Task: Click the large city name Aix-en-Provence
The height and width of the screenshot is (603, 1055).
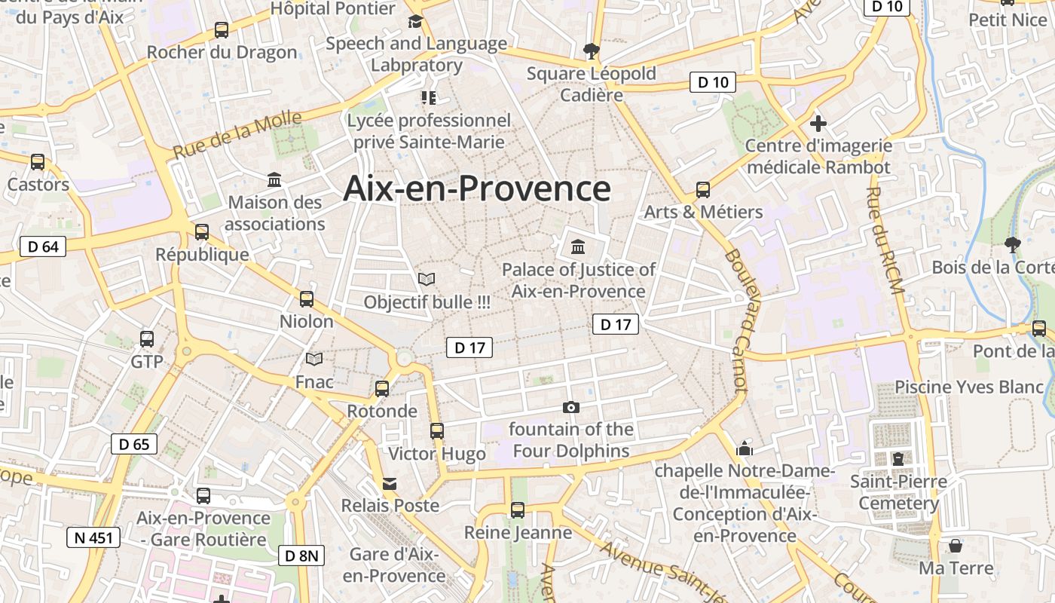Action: tap(476, 188)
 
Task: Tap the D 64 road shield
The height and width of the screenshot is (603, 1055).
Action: tap(43, 246)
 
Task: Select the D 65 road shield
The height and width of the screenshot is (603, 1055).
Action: tap(134, 444)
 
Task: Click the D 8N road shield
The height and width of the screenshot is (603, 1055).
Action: tap(301, 556)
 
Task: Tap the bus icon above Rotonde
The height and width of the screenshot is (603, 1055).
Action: tap(382, 389)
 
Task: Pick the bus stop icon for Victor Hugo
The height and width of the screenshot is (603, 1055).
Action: tap(437, 431)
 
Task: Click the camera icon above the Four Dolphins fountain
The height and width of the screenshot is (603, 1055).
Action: tap(571, 407)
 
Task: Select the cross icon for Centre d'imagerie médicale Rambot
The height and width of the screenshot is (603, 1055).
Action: tap(818, 123)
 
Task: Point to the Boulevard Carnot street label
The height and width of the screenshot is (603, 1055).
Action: tap(736, 320)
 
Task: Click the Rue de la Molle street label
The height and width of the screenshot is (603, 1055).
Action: tap(237, 134)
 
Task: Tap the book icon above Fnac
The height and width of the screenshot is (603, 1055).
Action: tap(314, 359)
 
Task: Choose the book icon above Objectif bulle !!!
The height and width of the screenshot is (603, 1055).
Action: tap(427, 280)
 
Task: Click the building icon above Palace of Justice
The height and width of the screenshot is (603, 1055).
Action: tap(578, 246)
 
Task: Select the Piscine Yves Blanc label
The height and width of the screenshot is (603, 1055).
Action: tap(968, 387)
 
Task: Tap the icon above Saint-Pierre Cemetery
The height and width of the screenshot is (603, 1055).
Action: tap(898, 458)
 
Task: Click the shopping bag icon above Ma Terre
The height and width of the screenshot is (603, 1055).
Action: tap(956, 545)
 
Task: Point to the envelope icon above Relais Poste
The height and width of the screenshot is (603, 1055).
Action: tap(390, 483)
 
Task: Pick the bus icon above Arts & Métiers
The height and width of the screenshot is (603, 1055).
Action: tap(703, 189)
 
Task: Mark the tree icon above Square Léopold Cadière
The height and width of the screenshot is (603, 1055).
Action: tap(592, 51)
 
